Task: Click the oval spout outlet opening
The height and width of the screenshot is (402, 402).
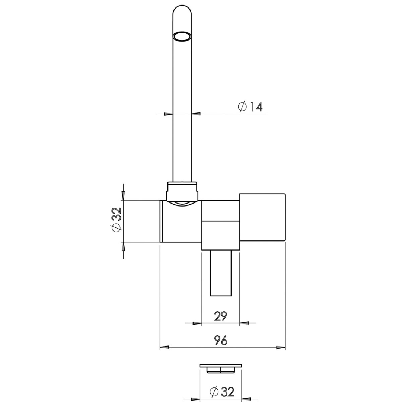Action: click(182, 36)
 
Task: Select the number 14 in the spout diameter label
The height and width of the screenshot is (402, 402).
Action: click(256, 107)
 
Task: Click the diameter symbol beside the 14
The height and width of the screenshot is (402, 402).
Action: click(242, 107)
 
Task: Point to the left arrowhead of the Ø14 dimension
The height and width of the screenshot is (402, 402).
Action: click(168, 114)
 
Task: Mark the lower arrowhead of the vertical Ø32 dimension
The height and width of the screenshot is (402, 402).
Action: click(123, 246)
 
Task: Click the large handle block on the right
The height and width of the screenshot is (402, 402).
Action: click(262, 217)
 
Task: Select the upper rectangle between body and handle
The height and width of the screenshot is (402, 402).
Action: click(220, 211)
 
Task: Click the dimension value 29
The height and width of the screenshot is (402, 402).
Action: click(220, 316)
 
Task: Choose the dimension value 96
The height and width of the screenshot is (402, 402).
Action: click(221, 340)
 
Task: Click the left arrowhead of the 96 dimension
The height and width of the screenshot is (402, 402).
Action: click(165, 348)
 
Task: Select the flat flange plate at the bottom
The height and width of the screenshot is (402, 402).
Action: click(221, 366)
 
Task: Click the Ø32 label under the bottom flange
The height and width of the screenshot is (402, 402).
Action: click(222, 392)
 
